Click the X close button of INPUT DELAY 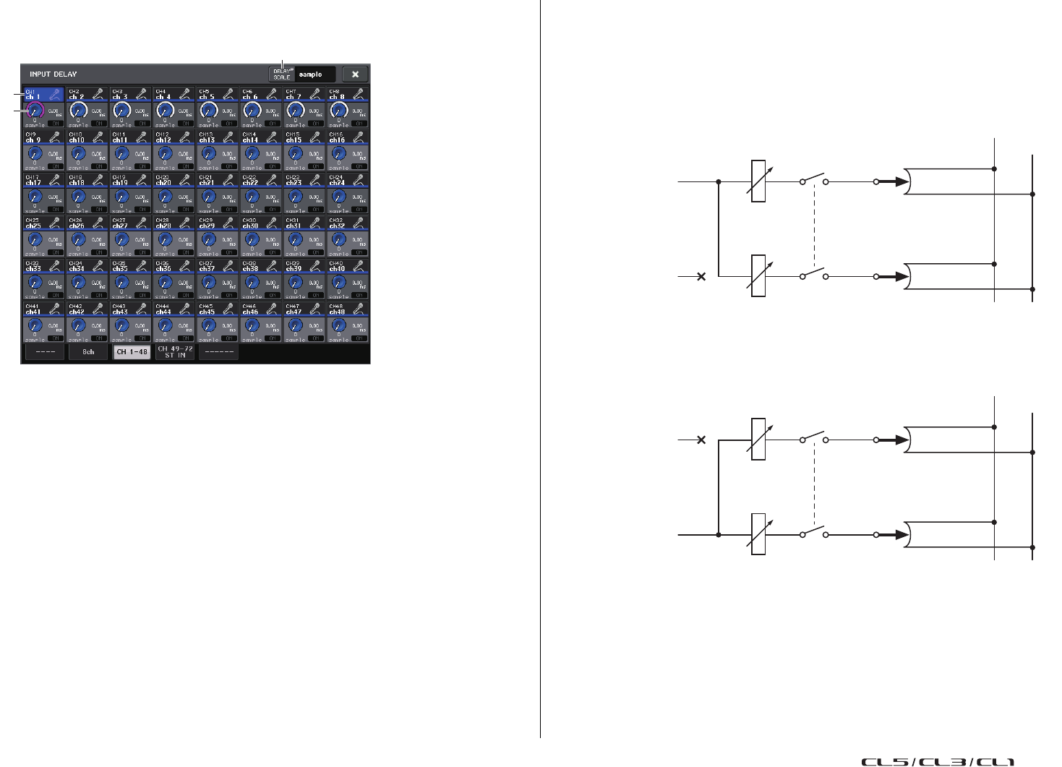pos(355,74)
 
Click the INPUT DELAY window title pos(53,74)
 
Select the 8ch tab pos(87,352)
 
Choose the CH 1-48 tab pos(132,352)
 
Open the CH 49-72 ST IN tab pos(175,352)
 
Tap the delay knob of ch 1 pos(35,111)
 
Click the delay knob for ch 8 pos(338,111)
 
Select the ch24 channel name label pos(337,184)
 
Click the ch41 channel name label pos(33,312)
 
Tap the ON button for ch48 pos(359,338)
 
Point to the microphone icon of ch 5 pos(228,94)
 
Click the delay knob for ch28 pos(165,239)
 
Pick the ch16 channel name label pos(337,140)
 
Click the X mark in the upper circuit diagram pos(701,276)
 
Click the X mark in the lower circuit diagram pos(701,440)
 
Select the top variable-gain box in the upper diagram pos(758,181)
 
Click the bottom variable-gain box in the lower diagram pos(758,534)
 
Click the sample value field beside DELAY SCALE pos(315,74)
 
